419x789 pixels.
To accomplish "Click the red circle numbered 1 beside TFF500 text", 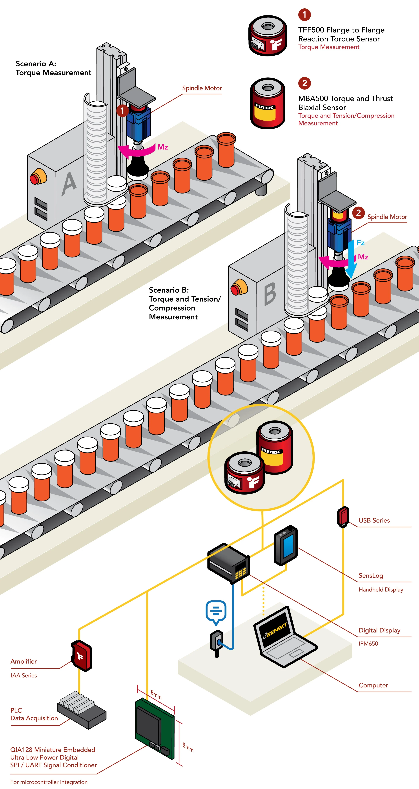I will point(304,14).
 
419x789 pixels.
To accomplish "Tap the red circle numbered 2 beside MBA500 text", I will point(304,83).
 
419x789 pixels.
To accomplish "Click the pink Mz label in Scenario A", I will point(163,147).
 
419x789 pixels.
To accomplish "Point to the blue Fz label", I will point(361,243).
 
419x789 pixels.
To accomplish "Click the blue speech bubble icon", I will point(216,611).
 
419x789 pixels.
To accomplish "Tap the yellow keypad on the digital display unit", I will point(240,573).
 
